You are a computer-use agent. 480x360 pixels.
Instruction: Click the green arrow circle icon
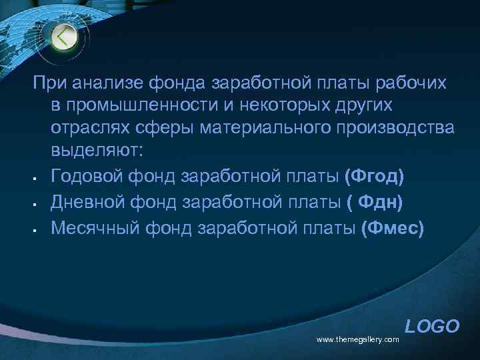(x=64, y=36)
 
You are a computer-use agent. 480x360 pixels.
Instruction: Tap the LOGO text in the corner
(x=432, y=326)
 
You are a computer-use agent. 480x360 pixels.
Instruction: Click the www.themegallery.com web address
(x=357, y=340)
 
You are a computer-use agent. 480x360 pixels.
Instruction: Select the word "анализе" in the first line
(x=97, y=85)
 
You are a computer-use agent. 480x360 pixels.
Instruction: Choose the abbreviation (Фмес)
(x=392, y=229)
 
